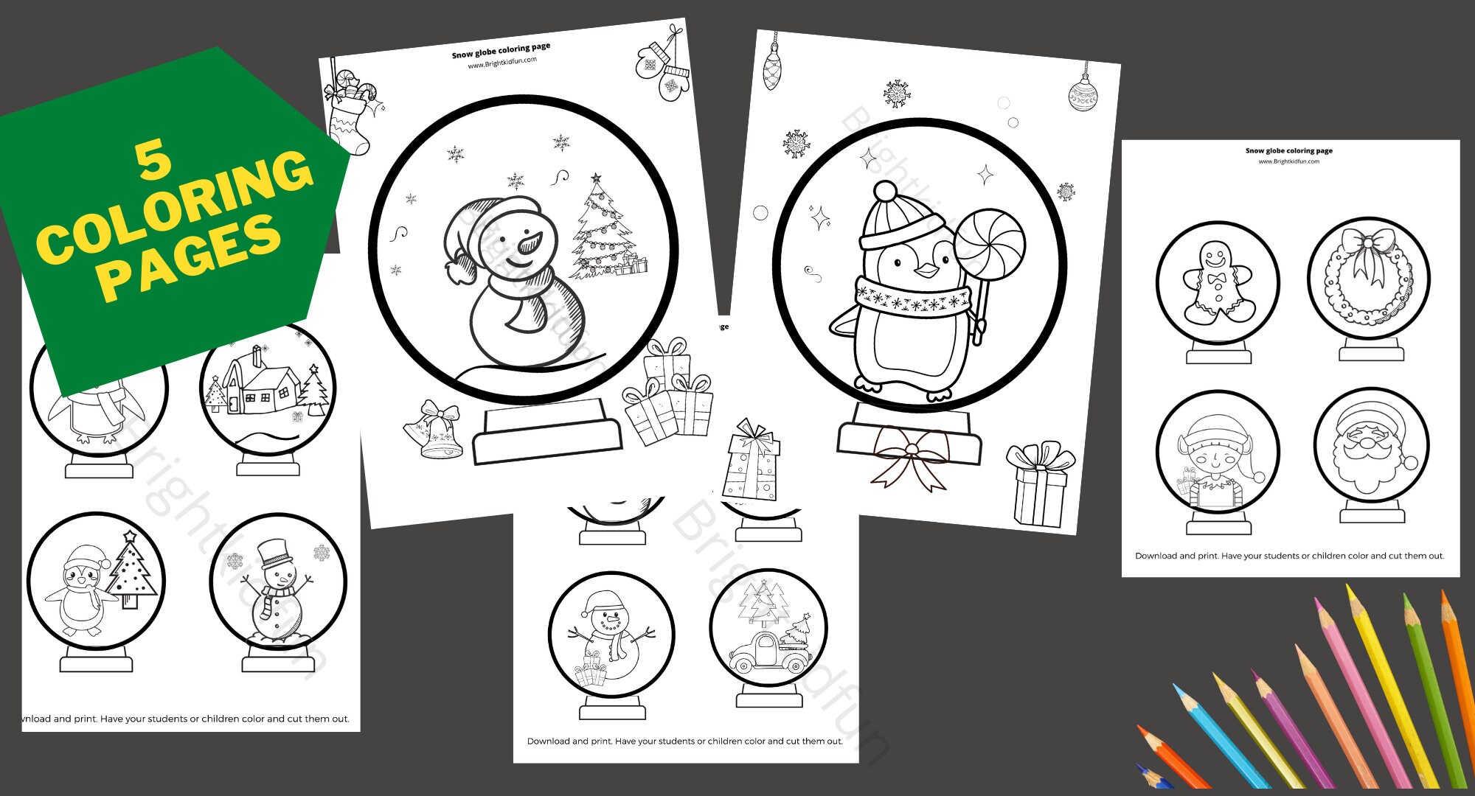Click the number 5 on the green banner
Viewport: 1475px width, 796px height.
(153, 160)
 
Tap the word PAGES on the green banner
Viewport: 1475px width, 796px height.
(190, 258)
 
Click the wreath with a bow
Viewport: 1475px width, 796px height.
(1369, 278)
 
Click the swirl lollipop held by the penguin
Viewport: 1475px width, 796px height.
(989, 243)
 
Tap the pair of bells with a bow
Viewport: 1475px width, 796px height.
(435, 430)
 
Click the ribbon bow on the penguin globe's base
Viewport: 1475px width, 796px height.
(912, 457)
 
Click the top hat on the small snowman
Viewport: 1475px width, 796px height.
(274, 551)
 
